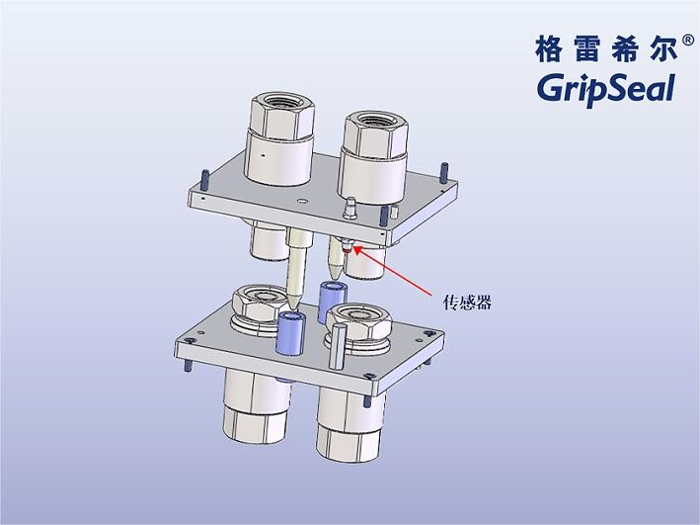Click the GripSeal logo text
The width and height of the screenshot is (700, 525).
[x=604, y=87]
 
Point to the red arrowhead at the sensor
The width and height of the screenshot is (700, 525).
[x=354, y=249]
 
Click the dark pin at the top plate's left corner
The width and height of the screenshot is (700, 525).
[x=201, y=179]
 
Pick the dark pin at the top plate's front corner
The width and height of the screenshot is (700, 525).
[x=384, y=216]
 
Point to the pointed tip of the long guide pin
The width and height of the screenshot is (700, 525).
[x=295, y=301]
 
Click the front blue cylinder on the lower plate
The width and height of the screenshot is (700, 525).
[x=291, y=333]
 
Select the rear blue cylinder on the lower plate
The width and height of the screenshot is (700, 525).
[x=333, y=298]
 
